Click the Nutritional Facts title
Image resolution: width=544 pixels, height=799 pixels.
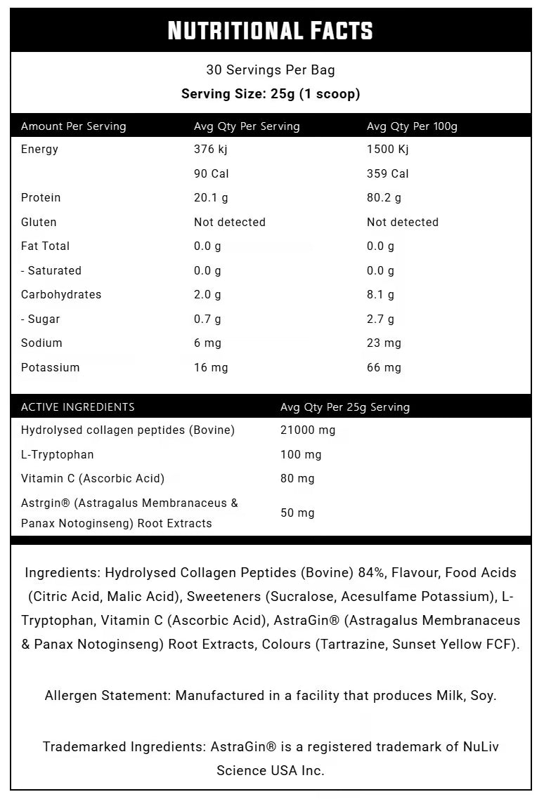coord(271,30)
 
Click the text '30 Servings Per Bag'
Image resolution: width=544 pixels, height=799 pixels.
coord(271,70)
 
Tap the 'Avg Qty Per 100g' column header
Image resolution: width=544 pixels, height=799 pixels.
coord(412,126)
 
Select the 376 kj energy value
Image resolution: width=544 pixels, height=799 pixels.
coord(211,149)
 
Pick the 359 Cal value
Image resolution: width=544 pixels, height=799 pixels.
coord(387,173)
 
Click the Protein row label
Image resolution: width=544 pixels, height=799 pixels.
coord(41,197)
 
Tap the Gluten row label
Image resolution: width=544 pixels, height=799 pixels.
coord(39,222)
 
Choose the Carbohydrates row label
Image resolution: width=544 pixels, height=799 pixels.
coord(61,294)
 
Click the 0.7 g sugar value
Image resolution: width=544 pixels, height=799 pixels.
coord(207,319)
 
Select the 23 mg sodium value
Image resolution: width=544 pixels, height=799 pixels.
coord(384,343)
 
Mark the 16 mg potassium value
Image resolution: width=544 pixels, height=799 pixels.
coord(211,367)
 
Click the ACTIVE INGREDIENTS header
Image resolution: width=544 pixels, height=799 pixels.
coord(78,407)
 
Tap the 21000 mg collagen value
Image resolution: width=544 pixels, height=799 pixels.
coord(308,430)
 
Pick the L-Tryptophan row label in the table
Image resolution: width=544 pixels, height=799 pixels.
coord(58,454)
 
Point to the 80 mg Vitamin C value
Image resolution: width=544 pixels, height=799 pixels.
coord(297,478)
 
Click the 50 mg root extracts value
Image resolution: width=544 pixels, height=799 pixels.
coord(297,513)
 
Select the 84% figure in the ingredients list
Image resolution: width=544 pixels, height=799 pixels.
coord(370,573)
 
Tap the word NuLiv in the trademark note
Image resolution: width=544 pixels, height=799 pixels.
coord(480,746)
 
